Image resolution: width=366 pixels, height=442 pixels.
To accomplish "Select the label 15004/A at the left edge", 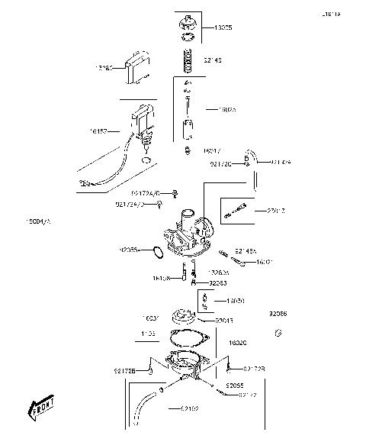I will coord(37,221).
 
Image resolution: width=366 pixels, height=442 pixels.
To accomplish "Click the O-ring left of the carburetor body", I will coord(153,251).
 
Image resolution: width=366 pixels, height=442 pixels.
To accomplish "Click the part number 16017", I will coord(212,152).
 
